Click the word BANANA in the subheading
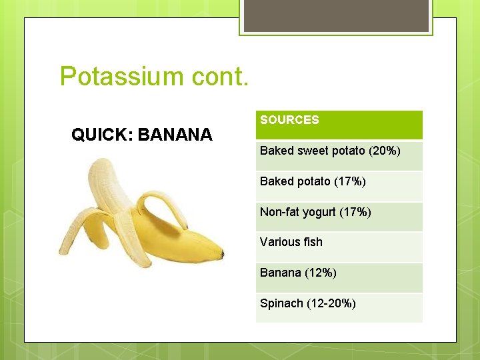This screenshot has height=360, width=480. pos(175,135)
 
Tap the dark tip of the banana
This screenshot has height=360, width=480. pos(221,254)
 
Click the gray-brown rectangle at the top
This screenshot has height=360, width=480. pos(336,15)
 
